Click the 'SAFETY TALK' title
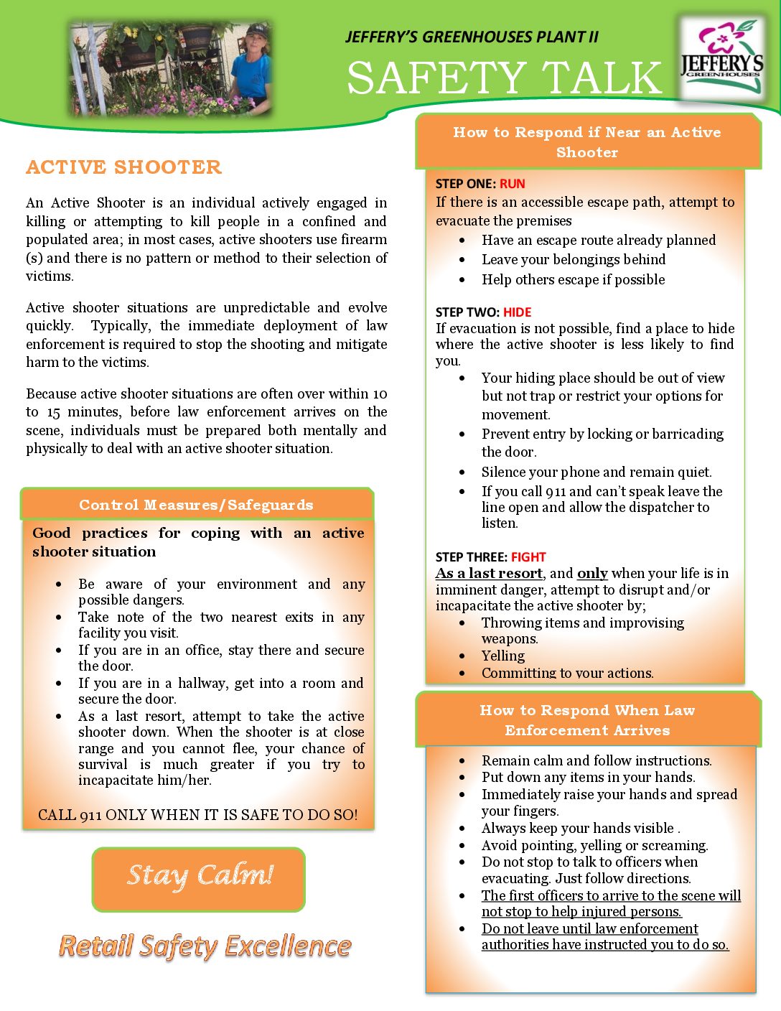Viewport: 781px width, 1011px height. [504, 78]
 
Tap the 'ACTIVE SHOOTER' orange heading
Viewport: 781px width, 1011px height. [123, 167]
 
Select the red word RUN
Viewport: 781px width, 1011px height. [513, 184]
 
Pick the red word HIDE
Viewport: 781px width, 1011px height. [517, 312]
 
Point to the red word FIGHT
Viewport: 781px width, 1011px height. [528, 557]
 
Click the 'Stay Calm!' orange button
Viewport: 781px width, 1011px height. [199, 878]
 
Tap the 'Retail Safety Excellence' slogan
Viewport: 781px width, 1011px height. [205, 946]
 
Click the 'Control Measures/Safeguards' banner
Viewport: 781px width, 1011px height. [196, 505]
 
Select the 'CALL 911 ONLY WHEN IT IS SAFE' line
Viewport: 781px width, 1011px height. [197, 815]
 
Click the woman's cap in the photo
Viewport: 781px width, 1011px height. [256, 32]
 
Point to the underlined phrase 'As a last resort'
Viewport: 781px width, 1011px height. [489, 574]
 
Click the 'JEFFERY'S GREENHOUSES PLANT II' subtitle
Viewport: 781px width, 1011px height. [472, 37]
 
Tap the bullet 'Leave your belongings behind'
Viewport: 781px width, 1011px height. [573, 260]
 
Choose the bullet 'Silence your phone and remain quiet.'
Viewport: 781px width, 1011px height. [596, 472]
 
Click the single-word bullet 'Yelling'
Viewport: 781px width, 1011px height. [502, 656]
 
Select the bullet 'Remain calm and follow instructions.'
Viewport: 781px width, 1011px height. [596, 761]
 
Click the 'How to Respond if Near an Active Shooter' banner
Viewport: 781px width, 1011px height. [586, 142]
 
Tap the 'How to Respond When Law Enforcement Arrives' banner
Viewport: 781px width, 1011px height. [586, 720]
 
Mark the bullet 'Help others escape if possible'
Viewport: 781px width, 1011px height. [573, 280]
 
